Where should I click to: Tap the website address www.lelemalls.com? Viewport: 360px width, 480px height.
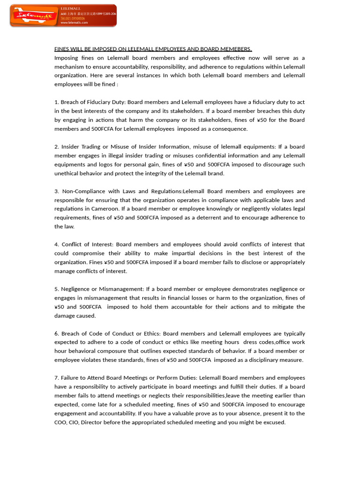74,22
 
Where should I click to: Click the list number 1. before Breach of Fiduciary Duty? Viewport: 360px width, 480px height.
56,102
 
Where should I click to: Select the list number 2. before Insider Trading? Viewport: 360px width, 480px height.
56,147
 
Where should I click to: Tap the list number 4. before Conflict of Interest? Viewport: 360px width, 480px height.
56,244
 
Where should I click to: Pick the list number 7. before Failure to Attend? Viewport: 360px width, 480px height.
56,378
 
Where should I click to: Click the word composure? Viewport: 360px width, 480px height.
120,351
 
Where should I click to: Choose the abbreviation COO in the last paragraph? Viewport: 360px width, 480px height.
61,422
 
